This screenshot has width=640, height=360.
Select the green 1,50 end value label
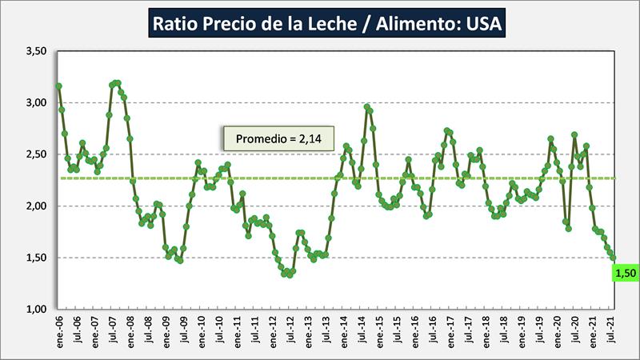pyautogui.click(x=625, y=274)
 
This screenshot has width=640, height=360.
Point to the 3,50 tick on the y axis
pyautogui.click(x=36, y=51)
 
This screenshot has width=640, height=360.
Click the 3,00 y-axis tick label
pyautogui.click(x=36, y=102)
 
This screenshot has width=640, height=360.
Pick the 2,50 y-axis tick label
pyautogui.click(x=36, y=154)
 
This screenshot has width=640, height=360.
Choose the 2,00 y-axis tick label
pyautogui.click(x=36, y=206)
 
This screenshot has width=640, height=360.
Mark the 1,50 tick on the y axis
pyautogui.click(x=36, y=258)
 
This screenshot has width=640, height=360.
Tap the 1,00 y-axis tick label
pyautogui.click(x=36, y=310)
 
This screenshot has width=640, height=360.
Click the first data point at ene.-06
pyautogui.click(x=58, y=86)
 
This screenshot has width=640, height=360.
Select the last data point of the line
pyautogui.click(x=614, y=258)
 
